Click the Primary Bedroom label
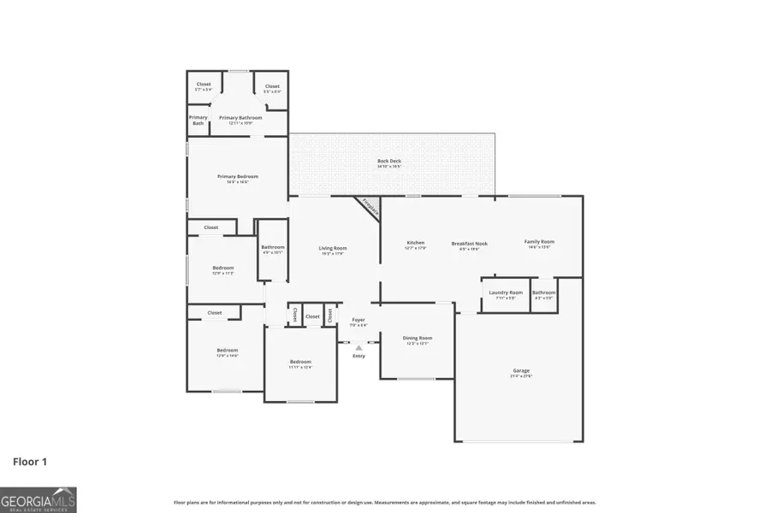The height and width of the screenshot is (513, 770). pyautogui.click(x=237, y=177)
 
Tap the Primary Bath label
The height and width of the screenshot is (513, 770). pyautogui.click(x=198, y=121)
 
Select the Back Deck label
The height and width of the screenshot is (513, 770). pyautogui.click(x=389, y=161)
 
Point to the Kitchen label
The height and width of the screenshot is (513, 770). pyautogui.click(x=415, y=243)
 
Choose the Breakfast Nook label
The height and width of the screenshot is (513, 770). pyautogui.click(x=469, y=244)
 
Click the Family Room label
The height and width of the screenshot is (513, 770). pyautogui.click(x=539, y=242)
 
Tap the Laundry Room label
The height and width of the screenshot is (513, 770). pyautogui.click(x=506, y=293)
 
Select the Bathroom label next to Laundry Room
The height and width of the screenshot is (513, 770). pyautogui.click(x=544, y=293)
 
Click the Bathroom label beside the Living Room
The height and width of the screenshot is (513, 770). pyautogui.click(x=273, y=248)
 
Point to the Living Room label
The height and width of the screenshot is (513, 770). pyautogui.click(x=333, y=249)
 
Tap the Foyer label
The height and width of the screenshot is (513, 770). pyautogui.click(x=358, y=320)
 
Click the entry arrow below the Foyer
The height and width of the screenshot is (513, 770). pyautogui.click(x=359, y=348)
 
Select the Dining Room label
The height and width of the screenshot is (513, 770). pyautogui.click(x=418, y=338)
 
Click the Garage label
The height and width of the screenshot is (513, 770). pyautogui.click(x=521, y=370)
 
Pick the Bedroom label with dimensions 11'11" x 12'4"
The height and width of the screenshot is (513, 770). pyautogui.click(x=299, y=362)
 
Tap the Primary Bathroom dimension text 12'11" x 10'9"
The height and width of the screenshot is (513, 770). pyautogui.click(x=240, y=123)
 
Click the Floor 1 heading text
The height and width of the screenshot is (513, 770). pyautogui.click(x=30, y=462)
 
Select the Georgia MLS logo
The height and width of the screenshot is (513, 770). pyautogui.click(x=38, y=499)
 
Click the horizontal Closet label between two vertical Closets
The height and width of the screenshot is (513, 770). pyautogui.click(x=312, y=316)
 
